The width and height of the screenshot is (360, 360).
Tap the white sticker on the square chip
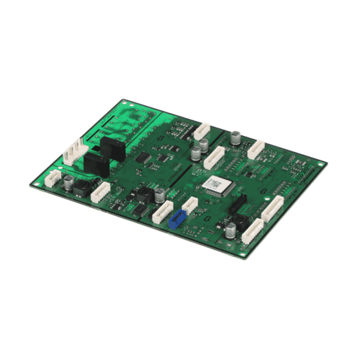pyautogui.click(x=215, y=185)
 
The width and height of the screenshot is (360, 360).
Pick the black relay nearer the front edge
pyautogui.click(x=96, y=165)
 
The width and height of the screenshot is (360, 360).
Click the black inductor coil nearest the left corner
pyautogui.click(x=81, y=191)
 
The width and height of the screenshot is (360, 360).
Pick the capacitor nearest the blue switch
pyautogui.click(x=160, y=195)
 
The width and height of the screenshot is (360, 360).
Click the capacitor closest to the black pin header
pyautogui.click(x=229, y=230)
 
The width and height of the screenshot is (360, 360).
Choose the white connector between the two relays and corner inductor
pyautogui.click(x=101, y=191)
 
